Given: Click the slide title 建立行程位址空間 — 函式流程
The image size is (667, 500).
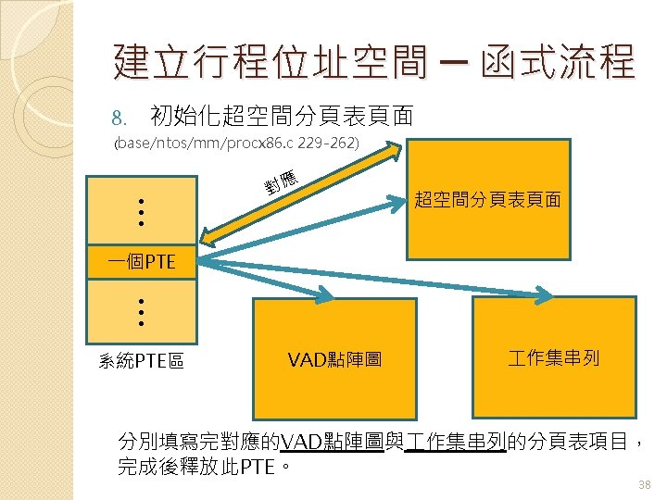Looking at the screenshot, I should (x=374, y=62).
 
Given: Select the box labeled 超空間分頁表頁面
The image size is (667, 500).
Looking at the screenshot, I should (x=487, y=199).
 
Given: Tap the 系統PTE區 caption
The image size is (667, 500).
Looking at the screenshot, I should (x=141, y=360).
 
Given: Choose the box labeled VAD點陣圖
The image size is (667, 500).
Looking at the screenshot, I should (x=336, y=358).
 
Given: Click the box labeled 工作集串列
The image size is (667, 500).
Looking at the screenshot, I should (x=554, y=356).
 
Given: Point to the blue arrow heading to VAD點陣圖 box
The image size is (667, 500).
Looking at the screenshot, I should (x=269, y=278).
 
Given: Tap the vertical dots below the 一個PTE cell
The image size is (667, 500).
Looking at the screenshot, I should (x=140, y=312).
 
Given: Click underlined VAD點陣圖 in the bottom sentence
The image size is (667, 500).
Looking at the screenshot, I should (x=334, y=441).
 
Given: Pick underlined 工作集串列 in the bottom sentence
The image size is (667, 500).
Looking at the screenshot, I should (x=456, y=441).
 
